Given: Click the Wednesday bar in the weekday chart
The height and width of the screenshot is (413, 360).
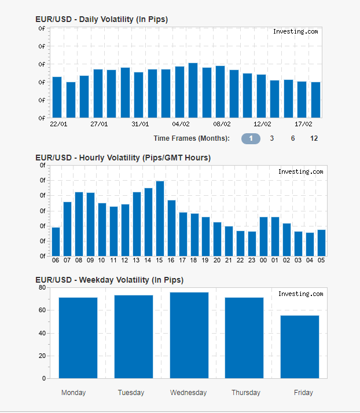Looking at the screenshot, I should click(189, 335).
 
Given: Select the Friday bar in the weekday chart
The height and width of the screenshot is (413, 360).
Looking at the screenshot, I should click(300, 347).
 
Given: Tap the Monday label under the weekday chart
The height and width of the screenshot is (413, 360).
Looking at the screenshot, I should click(74, 393).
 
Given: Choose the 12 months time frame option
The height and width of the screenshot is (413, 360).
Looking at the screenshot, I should click(314, 138).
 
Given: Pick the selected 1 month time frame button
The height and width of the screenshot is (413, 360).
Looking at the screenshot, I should click(251, 138).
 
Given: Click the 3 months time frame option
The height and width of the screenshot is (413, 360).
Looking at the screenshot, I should click(271, 138).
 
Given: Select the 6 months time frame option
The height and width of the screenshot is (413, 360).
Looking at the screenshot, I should click(293, 138).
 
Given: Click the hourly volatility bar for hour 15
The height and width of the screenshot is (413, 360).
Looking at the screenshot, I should click(160, 218).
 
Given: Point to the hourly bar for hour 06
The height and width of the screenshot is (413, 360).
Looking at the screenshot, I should click(56, 242).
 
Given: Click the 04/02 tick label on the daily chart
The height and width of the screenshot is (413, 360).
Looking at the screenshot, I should click(181, 124).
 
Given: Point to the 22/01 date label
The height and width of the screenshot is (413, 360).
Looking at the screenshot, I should click(58, 124).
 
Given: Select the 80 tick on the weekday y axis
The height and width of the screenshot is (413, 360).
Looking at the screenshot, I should click(42, 287).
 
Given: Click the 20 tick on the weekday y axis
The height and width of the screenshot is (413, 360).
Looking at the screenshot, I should click(42, 356).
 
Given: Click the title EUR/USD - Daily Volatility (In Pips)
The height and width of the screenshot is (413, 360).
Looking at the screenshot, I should click(102, 20).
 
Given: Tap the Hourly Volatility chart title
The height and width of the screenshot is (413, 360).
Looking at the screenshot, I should click(123, 158).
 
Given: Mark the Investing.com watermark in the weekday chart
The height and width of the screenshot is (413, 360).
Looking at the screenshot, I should click(300, 294).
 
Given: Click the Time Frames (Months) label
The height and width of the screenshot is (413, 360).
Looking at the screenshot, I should click(192, 138).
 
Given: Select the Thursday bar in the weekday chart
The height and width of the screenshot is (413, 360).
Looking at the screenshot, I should click(244, 338).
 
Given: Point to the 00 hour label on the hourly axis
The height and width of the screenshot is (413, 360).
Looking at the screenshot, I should click(263, 261).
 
